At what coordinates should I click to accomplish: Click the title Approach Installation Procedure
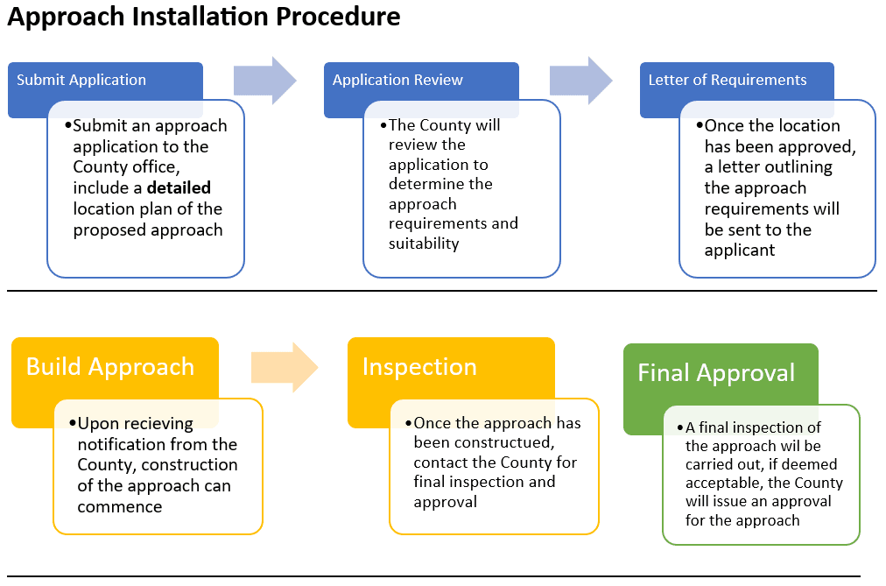204,17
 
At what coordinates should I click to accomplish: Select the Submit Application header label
81,80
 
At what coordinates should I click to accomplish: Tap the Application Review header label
397,80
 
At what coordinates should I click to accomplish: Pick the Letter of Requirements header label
728,80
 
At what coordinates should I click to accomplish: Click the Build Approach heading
110,366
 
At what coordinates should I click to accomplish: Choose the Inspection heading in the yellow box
419,366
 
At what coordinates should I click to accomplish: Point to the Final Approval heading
716,372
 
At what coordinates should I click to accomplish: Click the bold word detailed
179,188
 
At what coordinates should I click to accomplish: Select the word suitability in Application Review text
424,244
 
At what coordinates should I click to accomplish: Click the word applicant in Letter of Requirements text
740,251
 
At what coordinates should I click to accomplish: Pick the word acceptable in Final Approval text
723,484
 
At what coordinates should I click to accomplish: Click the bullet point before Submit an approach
68,126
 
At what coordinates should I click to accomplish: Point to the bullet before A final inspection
680,427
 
